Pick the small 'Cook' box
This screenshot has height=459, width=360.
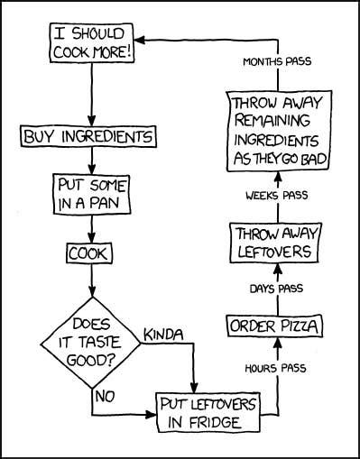coord(88,253)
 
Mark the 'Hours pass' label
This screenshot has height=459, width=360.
coord(275,368)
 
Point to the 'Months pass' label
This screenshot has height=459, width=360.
coord(276,62)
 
